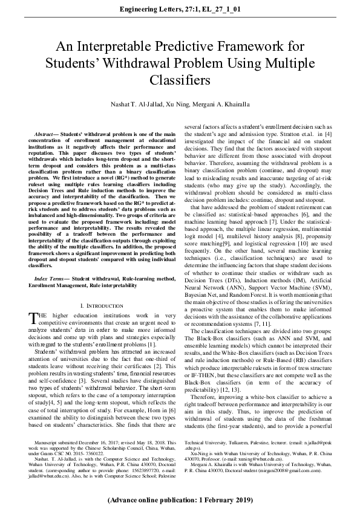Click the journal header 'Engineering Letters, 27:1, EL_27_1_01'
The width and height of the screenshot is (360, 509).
[x=180, y=10]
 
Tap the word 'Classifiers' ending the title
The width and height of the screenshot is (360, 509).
[x=180, y=80]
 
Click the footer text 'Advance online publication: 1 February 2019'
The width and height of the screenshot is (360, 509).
[x=180, y=501]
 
